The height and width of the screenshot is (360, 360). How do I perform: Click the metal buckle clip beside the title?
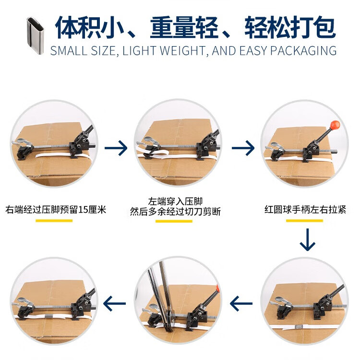[x=35, y=35]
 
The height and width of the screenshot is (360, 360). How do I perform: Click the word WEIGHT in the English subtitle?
[x=183, y=51]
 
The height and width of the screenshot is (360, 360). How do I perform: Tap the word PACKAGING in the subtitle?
[x=303, y=51]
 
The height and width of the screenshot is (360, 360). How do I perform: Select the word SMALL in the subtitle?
[x=69, y=51]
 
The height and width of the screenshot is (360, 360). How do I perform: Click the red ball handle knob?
[x=335, y=125]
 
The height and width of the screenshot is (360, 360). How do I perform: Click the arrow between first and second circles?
[x=116, y=148]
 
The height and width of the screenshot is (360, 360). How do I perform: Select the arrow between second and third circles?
[x=243, y=148]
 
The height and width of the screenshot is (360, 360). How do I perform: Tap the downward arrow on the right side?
[x=307, y=240]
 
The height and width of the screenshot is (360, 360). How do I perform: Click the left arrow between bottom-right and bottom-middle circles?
[x=241, y=303]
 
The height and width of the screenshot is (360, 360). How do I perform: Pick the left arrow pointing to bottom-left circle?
[x=114, y=303]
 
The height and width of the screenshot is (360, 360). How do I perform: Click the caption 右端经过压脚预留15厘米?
[x=56, y=210]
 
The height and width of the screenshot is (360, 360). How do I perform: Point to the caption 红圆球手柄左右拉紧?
[x=305, y=209]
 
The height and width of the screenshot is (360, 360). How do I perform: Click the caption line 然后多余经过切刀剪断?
[x=175, y=212]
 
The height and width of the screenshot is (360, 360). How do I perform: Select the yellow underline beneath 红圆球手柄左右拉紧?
[x=304, y=221]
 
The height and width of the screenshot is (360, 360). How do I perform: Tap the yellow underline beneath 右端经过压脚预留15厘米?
[x=54, y=221]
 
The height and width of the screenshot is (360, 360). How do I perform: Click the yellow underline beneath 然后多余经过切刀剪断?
[x=174, y=221]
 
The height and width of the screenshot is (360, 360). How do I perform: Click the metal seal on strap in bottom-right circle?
[x=299, y=326]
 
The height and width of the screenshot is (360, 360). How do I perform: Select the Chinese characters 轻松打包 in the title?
[x=290, y=27]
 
